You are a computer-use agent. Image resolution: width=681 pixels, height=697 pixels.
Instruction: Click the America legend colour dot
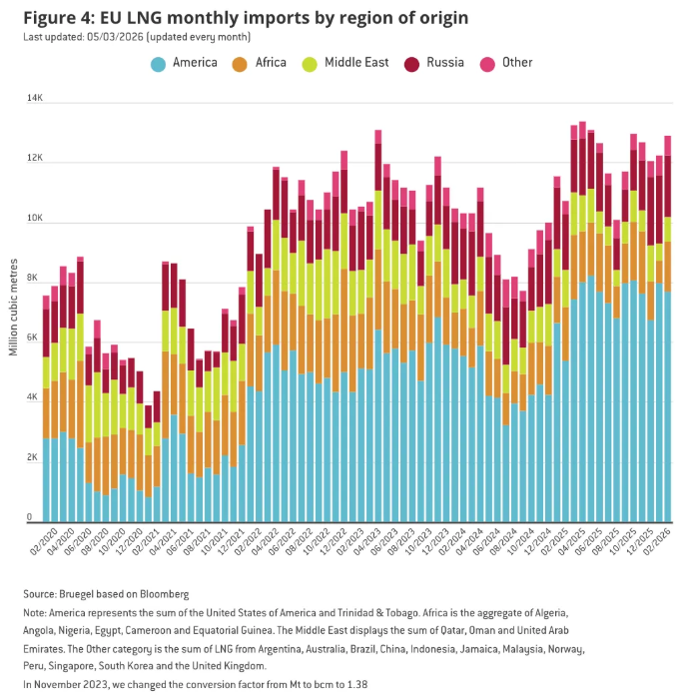pos(158,64)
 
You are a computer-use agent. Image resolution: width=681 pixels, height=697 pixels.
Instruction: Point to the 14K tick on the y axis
pos(35,100)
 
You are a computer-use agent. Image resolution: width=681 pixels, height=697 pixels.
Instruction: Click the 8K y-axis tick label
pos(37,279)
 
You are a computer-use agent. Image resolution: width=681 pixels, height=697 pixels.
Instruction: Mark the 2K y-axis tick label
pos(37,457)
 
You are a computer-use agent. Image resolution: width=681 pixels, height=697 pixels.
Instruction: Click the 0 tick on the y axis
pos(32,517)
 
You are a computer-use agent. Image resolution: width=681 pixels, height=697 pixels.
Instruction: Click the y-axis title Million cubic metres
pos(13,310)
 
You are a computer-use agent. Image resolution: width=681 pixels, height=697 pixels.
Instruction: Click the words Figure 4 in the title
pos(60,17)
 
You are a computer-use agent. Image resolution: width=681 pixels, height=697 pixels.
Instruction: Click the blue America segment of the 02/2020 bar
pos(46,479)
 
